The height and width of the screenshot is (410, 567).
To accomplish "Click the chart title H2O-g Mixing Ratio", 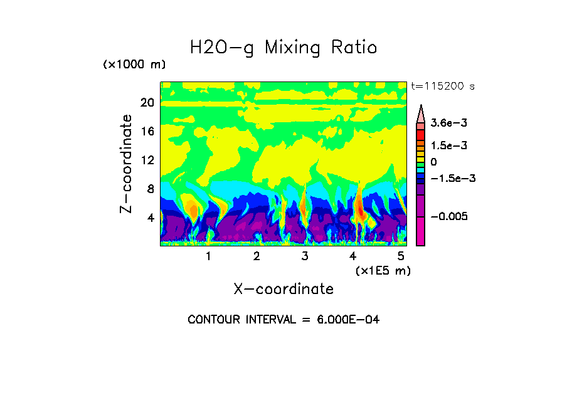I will (283, 47).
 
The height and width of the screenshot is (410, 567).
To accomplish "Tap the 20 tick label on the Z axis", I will (147, 103).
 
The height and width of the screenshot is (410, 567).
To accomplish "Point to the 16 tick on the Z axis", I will (147, 132).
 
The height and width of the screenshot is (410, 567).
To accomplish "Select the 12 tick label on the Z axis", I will (147, 160).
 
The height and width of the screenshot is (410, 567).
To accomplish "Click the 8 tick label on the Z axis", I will (150, 189).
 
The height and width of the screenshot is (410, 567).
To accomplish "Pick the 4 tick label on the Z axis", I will (150, 218).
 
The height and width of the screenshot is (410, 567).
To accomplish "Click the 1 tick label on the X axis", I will (208, 256).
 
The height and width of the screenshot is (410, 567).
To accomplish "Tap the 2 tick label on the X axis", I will (257, 256).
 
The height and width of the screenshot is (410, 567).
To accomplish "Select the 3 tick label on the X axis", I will (305, 256).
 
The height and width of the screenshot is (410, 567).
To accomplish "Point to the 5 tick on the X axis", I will (401, 256).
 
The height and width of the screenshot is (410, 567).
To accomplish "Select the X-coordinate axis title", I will (283, 289).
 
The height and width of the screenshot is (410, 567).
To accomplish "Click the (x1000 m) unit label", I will (134, 65).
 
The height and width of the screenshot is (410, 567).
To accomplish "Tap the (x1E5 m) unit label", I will (383, 270).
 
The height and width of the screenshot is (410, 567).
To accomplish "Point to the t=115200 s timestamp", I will (442, 86).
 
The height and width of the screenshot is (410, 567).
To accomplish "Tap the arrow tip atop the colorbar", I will (421, 107).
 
